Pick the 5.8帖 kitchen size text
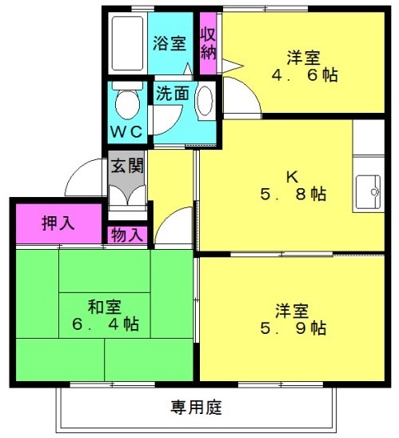(293, 194)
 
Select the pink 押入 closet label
(58, 223)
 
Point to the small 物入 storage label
(128, 235)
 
